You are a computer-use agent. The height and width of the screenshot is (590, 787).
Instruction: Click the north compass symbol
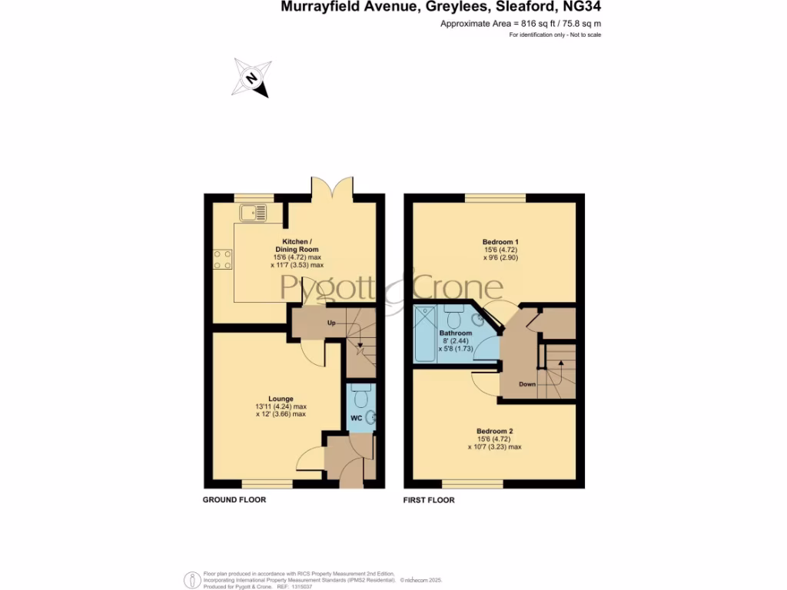pyautogui.click(x=251, y=78)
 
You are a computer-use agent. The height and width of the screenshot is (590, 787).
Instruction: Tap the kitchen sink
pyautogui.click(x=252, y=212)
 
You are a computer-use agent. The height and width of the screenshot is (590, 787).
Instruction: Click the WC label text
pyautogui.click(x=357, y=418)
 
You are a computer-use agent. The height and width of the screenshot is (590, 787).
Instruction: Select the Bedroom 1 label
pyautogui.click(x=495, y=242)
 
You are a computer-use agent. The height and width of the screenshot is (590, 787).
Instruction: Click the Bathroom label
pyautogui.click(x=456, y=333)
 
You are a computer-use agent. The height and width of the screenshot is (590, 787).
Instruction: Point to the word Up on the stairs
pyautogui.click(x=332, y=323)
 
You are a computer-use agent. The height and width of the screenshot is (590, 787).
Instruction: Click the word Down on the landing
pyautogui.click(x=527, y=384)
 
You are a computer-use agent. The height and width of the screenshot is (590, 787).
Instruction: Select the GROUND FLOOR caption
pyautogui.click(x=234, y=500)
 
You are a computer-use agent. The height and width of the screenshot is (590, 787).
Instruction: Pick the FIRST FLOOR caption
pyautogui.click(x=430, y=500)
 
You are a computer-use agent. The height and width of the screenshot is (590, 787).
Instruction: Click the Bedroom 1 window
pyautogui.click(x=495, y=199)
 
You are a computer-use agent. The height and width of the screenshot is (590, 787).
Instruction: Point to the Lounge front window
pyautogui.click(x=267, y=484)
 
